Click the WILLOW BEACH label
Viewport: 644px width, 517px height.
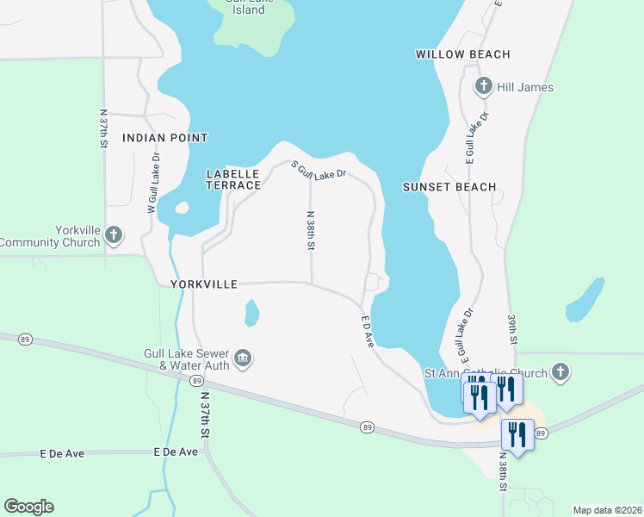[x=462, y=54]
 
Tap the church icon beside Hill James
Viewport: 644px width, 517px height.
[x=484, y=87]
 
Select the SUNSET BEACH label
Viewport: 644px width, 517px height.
[x=449, y=187]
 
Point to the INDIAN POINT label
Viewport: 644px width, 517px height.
[x=165, y=138]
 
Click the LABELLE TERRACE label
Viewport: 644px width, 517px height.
[x=233, y=179]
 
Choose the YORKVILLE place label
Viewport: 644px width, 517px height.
[x=203, y=283]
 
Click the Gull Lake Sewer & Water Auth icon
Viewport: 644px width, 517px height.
[x=243, y=358]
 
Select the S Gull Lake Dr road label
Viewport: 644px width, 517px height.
[x=318, y=171]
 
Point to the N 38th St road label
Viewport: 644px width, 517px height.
[x=310, y=231]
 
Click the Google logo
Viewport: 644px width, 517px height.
[x=28, y=507]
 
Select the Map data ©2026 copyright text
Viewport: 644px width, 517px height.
[x=606, y=510]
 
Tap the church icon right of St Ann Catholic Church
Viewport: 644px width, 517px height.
[x=560, y=373]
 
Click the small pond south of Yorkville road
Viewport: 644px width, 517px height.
[x=251, y=313]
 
